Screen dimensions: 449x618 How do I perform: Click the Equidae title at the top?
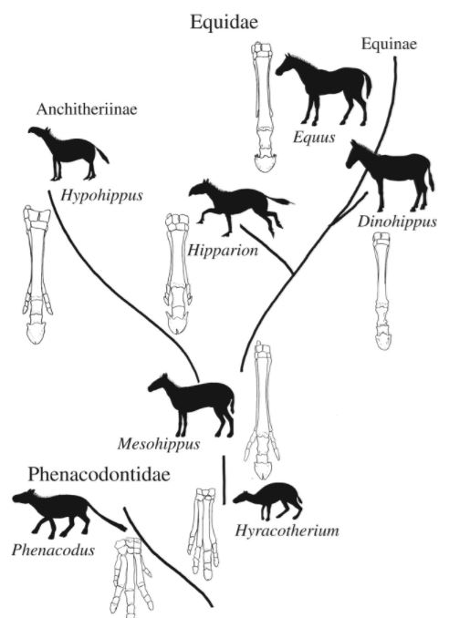(224, 22)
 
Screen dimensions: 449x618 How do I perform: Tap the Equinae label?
(389, 44)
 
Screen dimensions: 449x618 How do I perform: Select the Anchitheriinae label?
(87, 109)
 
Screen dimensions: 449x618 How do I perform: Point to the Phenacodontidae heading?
(99, 474)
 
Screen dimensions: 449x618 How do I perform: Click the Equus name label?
(314, 138)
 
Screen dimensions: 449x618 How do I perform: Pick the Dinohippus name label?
(397, 221)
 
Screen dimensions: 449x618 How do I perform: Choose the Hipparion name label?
(223, 251)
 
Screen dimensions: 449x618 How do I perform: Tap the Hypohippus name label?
(101, 195)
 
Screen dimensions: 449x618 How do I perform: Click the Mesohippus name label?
(159, 444)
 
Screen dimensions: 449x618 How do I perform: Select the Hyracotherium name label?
(287, 530)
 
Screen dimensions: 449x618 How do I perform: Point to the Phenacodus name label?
(53, 550)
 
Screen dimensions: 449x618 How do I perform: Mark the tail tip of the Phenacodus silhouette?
(124, 527)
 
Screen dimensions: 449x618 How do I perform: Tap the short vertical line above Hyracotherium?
(224, 479)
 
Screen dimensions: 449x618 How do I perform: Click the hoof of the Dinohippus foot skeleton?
(383, 340)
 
